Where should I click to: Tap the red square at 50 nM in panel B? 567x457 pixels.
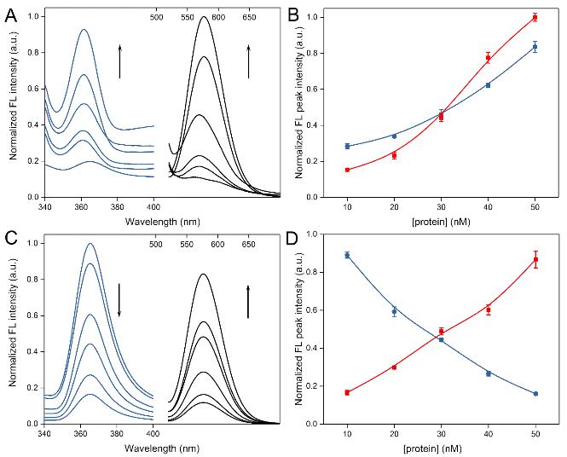pos(535,17)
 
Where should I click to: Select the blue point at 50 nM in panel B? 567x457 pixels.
pos(535,47)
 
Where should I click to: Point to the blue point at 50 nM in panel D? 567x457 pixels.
pos(535,394)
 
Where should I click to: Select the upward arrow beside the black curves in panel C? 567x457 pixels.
pos(248,302)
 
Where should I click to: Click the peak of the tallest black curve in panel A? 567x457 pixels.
pos(205,17)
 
